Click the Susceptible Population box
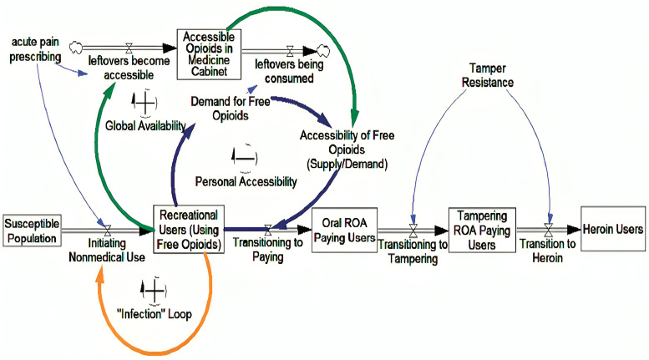point(32,231)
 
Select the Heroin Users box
point(613,229)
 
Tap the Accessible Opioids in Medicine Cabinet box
point(209,54)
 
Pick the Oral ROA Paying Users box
point(344,230)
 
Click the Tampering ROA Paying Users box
point(482,230)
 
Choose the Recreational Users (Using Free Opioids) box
point(189,229)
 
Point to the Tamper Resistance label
point(488,75)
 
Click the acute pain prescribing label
point(35,49)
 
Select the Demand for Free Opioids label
point(231,109)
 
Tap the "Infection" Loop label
point(155,314)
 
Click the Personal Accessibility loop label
point(246,181)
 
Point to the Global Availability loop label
point(145,125)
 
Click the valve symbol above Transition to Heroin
point(549,230)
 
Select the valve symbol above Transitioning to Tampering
point(413,231)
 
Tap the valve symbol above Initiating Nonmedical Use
point(108,231)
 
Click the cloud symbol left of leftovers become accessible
point(76,48)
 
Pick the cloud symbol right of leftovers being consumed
point(323,51)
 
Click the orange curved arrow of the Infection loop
point(156,353)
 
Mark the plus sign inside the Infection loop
point(154,291)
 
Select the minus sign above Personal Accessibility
point(245,158)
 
